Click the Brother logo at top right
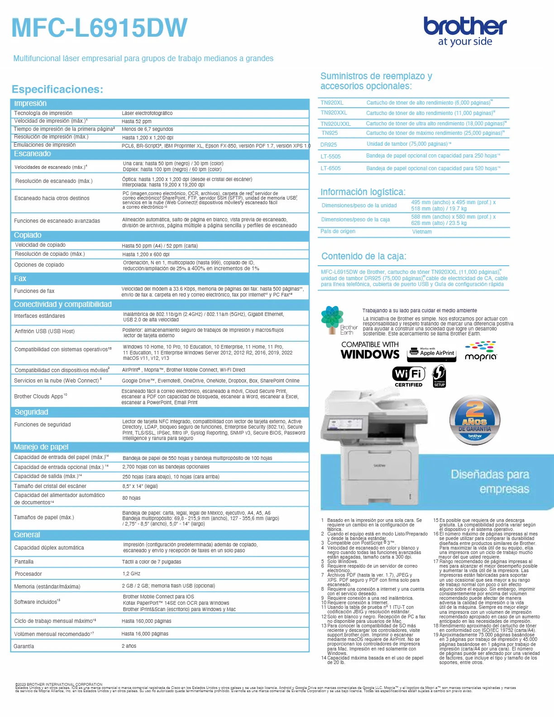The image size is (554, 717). tap(465, 31)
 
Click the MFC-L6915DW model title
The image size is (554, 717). tap(99, 28)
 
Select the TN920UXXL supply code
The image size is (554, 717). tap(335, 124)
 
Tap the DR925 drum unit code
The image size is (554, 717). tap(329, 145)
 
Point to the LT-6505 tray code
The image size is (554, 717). tap(330, 168)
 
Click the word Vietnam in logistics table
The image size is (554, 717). tap(422, 232)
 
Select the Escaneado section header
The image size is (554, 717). tap(33, 154)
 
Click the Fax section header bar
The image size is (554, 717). tap(20, 278)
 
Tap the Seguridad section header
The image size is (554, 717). tap(31, 412)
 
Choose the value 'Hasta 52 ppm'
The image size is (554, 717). tap(136, 121)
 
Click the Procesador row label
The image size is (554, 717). tap(28, 574)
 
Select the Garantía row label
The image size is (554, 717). tap(24, 646)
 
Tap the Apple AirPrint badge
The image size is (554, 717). tap(432, 353)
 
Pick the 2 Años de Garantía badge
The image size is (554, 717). tap(475, 420)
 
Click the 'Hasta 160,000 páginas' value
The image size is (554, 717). tap(146, 621)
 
